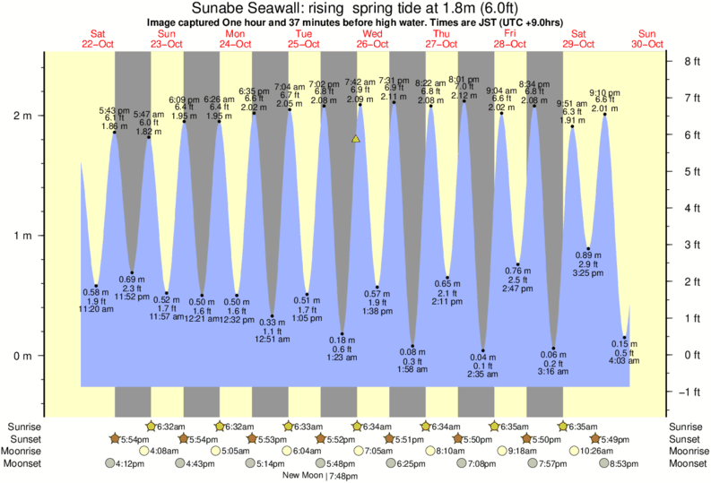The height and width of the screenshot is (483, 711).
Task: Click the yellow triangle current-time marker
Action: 356,139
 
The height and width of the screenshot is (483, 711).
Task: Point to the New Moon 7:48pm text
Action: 319,476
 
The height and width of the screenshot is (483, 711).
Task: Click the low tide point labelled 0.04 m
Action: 483,350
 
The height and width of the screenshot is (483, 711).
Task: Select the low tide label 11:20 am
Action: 97,309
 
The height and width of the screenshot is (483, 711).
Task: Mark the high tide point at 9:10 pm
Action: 605,115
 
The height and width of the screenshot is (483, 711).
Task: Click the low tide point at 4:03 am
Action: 624,338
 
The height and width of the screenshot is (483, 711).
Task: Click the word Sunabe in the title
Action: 216,8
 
